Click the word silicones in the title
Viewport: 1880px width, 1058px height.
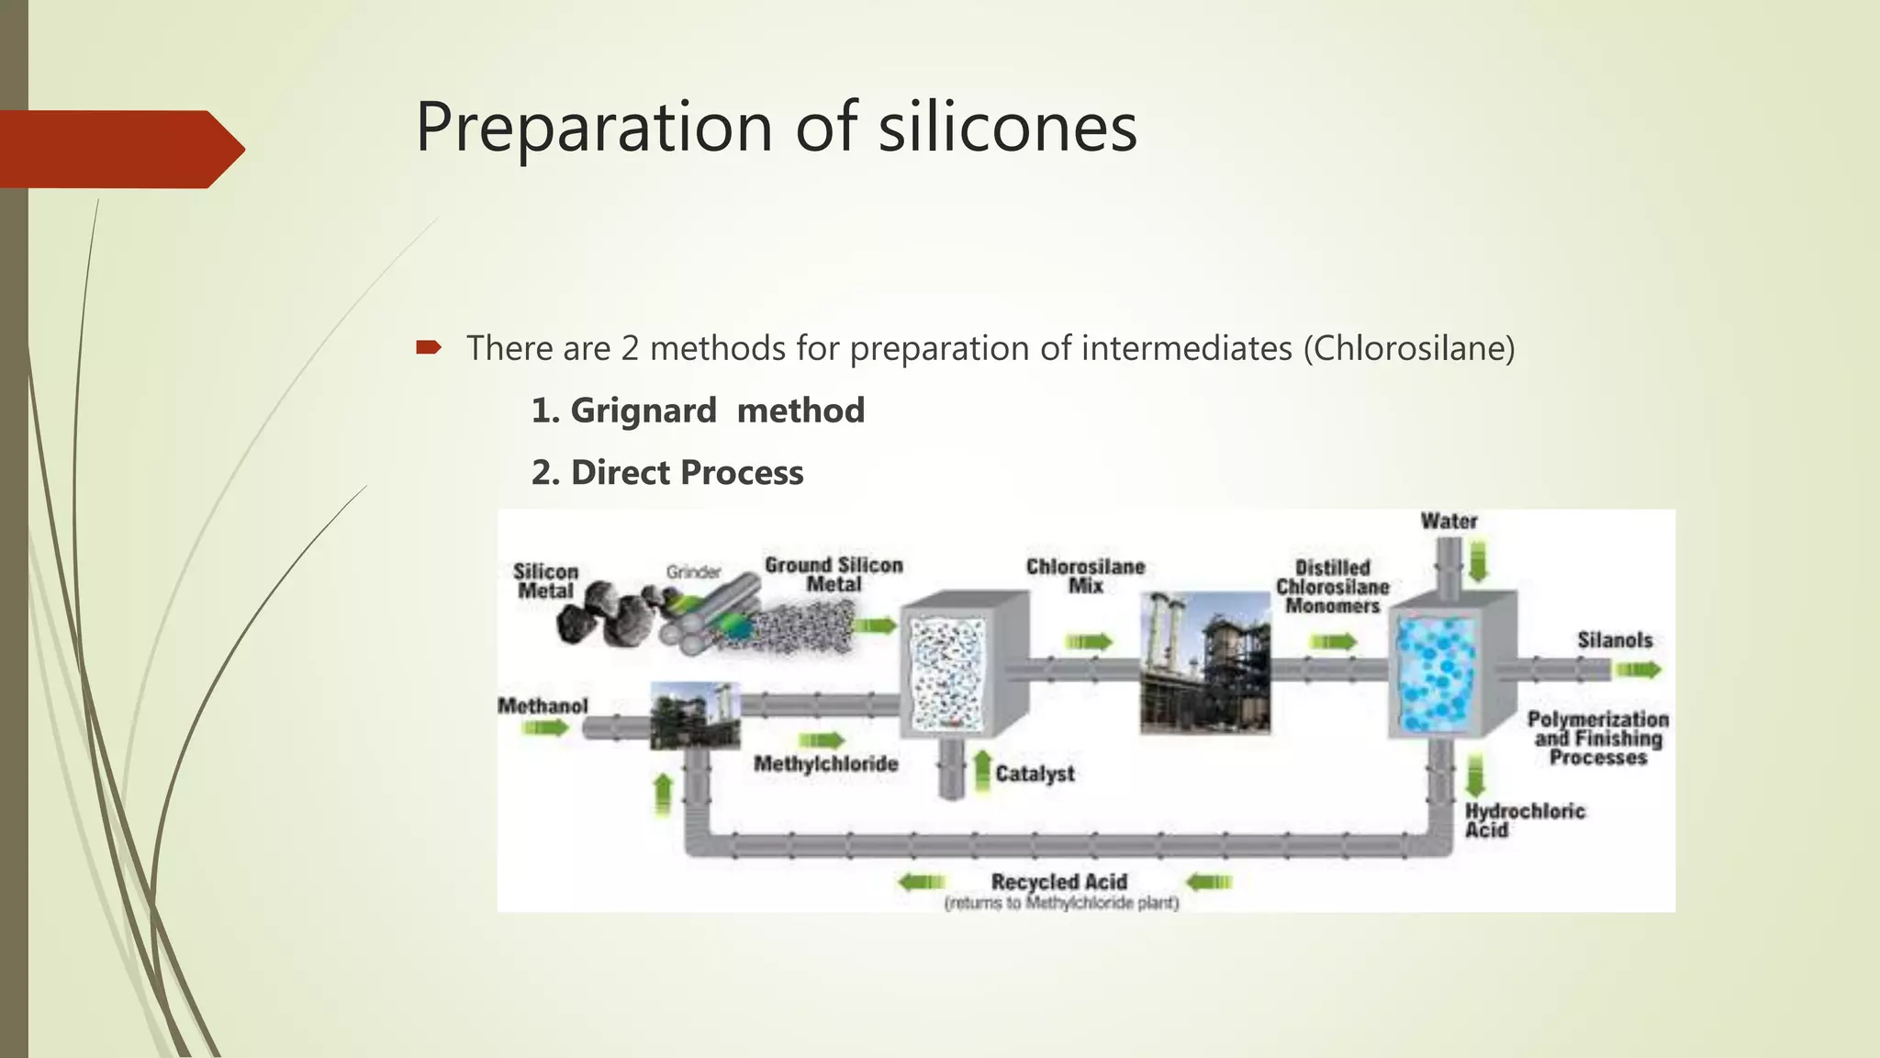1007,127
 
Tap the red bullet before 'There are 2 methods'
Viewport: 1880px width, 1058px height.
429,347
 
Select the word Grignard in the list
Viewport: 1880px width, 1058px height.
643,411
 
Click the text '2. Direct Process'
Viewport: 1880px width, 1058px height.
667,473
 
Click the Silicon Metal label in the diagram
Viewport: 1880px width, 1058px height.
545,581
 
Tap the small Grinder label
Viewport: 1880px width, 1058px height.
693,572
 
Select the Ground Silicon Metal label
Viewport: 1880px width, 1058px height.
834,575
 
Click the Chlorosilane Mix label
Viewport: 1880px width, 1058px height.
1085,576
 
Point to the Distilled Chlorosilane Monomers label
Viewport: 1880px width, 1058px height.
1332,587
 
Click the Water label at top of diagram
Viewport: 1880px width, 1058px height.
1449,522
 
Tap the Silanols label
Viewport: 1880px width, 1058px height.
1614,640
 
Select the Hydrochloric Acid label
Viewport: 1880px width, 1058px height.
1524,820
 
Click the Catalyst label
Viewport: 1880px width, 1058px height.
1035,774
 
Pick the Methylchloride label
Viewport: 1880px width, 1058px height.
825,764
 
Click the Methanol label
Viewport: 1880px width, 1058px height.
543,706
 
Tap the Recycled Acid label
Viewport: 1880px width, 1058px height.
1059,882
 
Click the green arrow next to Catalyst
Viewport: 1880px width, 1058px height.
981,771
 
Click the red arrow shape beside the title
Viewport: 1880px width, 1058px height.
119,149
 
